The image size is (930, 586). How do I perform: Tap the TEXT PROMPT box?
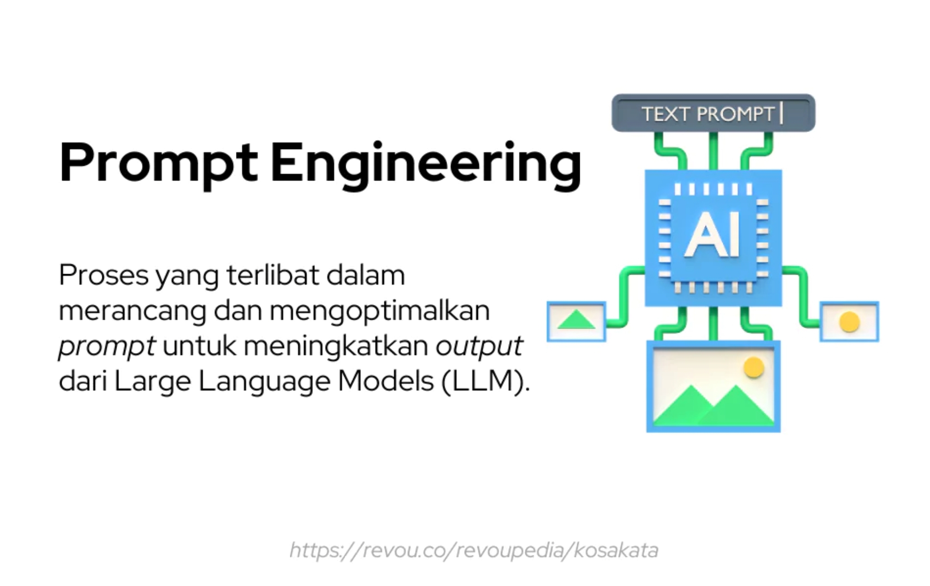coord(712,113)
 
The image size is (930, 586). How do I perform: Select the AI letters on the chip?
coord(713,235)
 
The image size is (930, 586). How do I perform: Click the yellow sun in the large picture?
coord(753,368)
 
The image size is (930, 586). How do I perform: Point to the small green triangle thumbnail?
coord(576,320)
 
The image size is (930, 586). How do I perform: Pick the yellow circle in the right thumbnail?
coord(849,322)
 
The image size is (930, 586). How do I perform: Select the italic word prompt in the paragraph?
coord(106,346)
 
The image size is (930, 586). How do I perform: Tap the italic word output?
coord(478,346)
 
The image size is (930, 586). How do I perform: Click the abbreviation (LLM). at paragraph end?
coord(485,382)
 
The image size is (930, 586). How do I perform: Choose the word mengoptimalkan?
coord(379,311)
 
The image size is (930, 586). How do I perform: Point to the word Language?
coord(264,382)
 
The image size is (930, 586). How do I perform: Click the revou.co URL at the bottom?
coord(474,550)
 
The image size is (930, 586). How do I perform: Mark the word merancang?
coord(132,311)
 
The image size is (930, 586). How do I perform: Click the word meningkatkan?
coord(336,346)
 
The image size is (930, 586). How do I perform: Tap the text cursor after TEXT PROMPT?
coord(781,113)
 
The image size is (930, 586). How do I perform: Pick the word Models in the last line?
coord(385,382)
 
